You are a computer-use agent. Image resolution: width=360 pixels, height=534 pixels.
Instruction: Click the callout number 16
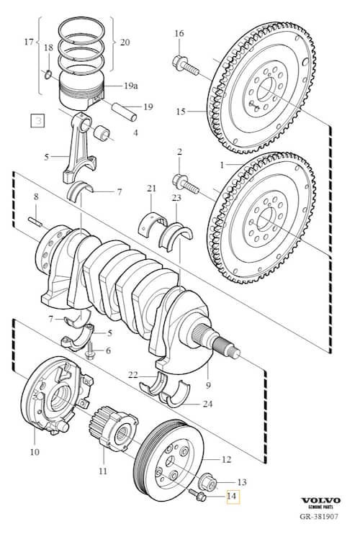pos(179,33)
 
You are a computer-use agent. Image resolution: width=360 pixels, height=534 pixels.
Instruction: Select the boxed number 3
pos(35,120)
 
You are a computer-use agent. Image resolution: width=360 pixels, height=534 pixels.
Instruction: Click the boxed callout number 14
pos(231,496)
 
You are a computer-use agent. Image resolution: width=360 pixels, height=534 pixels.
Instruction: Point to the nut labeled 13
pos(207,481)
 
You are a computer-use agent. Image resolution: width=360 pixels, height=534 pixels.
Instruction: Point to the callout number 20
pos(125,42)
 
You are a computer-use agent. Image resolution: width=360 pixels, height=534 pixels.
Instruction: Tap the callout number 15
pos(180,112)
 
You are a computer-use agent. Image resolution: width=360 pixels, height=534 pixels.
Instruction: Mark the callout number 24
pos(207,404)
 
